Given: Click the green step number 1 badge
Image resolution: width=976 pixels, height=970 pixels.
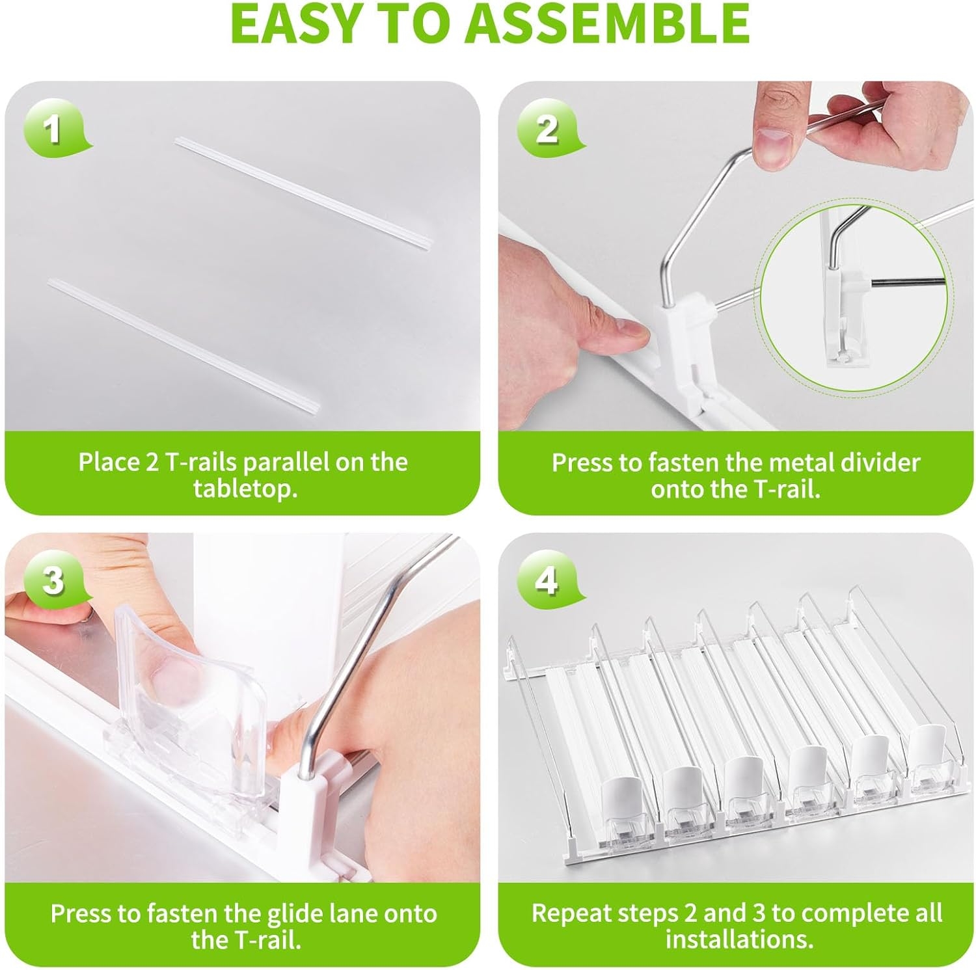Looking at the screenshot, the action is pyautogui.click(x=53, y=128).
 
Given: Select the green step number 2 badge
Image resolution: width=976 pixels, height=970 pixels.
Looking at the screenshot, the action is pyautogui.click(x=547, y=128).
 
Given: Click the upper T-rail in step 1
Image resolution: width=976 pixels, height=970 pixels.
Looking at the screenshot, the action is pyautogui.click(x=305, y=193).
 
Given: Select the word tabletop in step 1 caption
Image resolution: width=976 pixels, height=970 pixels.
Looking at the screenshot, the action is pyautogui.click(x=245, y=489).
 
